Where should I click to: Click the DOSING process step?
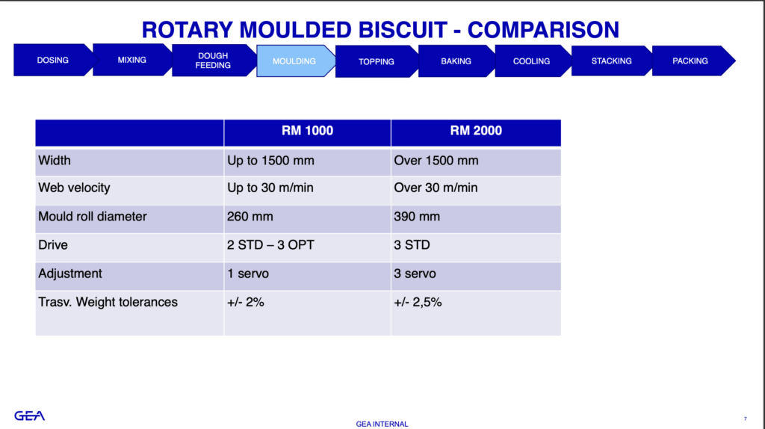point(53,60)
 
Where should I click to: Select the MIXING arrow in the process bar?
point(131,60)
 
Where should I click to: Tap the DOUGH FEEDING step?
point(213,61)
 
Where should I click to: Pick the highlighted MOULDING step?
point(294,61)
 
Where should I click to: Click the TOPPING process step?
point(377,61)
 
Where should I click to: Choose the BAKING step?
point(456,61)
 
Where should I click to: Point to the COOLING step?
point(531,61)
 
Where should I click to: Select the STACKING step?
point(611,61)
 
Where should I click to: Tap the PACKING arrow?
point(690,61)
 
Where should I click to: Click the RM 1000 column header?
point(307,131)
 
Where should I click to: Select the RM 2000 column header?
point(476,131)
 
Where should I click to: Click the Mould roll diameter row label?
point(92,217)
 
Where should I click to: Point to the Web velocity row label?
point(74,188)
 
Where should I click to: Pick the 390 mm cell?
point(417,217)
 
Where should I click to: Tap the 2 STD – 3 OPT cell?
point(270,245)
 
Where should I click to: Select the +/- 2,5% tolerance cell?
point(418,303)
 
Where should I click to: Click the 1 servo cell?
point(248,274)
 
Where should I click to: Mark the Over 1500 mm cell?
point(436,161)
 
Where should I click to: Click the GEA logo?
point(29,416)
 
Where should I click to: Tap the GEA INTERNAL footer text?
point(382,424)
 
